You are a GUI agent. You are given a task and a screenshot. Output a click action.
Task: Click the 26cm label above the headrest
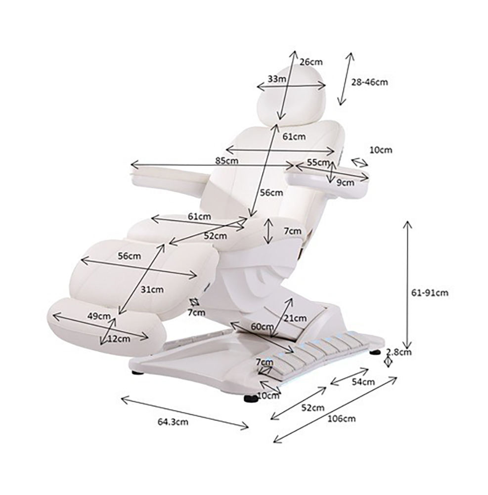coord(311,62)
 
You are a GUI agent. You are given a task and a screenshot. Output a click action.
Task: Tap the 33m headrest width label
coord(277,79)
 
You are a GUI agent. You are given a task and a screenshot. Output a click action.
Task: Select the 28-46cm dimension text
coord(369,82)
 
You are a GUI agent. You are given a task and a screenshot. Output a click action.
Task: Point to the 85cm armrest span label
coord(227,161)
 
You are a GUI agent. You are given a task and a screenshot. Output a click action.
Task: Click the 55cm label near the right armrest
coord(318,162)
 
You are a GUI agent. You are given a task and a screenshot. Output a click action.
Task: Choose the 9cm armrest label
coord(345,183)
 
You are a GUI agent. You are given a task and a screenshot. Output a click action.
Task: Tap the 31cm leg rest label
coord(152,289)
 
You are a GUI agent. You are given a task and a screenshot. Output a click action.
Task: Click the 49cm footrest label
coord(99,316)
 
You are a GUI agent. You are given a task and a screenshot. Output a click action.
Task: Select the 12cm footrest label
coord(119,339)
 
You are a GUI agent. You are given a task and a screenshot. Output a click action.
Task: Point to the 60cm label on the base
coord(262,327)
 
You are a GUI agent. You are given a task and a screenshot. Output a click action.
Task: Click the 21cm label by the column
coord(295,318)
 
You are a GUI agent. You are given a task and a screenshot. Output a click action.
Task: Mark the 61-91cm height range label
coord(430,293)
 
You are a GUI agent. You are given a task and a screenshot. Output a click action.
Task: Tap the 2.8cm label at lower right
coord(399,351)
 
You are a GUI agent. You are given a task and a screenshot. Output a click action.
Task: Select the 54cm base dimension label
coord(363,382)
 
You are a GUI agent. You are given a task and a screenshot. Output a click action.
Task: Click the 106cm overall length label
coord(342,419)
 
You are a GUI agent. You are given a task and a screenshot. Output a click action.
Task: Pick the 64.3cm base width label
coord(173,422)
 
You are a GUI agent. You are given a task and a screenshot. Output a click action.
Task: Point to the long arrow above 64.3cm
coord(185,413)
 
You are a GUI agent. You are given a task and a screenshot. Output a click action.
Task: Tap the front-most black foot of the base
coord(251,398)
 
